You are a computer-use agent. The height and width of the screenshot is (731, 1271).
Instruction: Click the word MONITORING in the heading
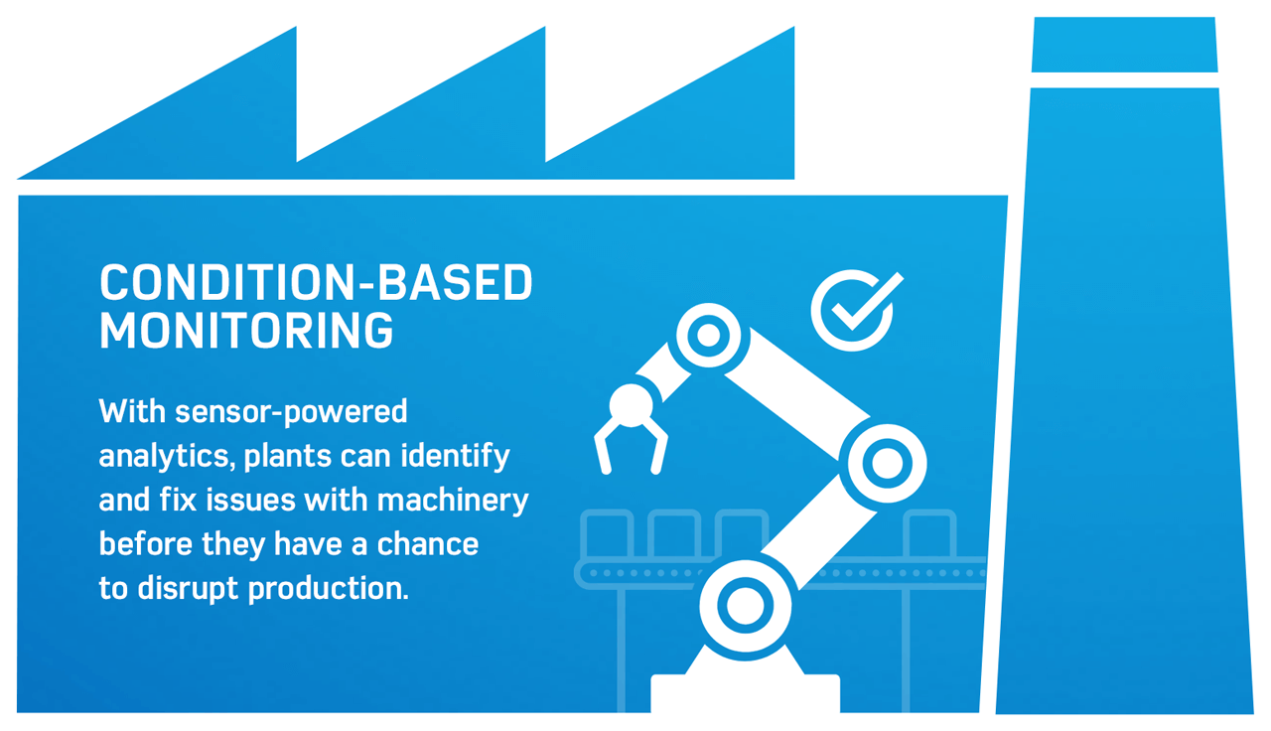246,331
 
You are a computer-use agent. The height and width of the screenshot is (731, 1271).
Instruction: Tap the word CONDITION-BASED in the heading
316,284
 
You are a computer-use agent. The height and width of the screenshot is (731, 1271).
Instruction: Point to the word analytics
165,457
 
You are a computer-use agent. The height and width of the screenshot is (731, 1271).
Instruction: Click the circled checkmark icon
853,309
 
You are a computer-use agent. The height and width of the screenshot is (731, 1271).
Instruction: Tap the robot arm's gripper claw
628,437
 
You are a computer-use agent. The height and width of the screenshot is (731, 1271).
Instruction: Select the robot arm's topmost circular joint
708,335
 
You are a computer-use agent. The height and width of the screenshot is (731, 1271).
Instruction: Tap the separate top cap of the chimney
1124,45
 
